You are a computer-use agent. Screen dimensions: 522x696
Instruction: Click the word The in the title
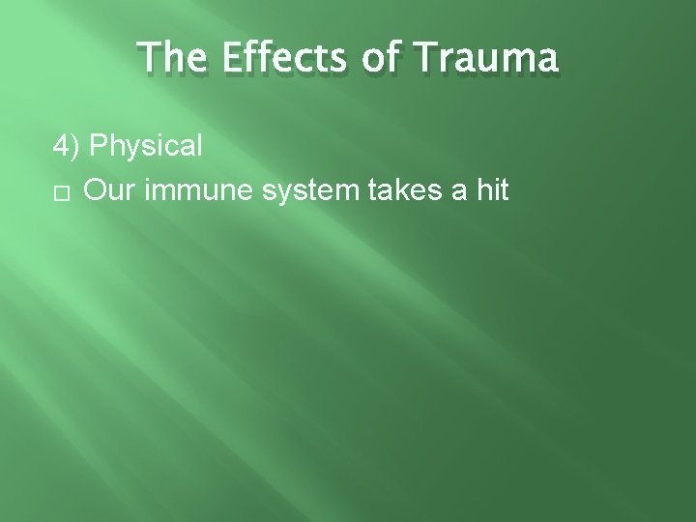click(x=169, y=59)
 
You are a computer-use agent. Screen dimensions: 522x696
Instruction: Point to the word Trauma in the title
click(x=483, y=59)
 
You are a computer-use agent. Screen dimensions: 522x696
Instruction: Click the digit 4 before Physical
click(x=61, y=146)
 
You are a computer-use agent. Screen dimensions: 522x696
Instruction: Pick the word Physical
click(x=146, y=147)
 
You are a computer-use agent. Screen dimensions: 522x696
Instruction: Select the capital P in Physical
click(x=97, y=146)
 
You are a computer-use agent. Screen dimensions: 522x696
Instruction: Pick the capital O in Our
click(x=94, y=190)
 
